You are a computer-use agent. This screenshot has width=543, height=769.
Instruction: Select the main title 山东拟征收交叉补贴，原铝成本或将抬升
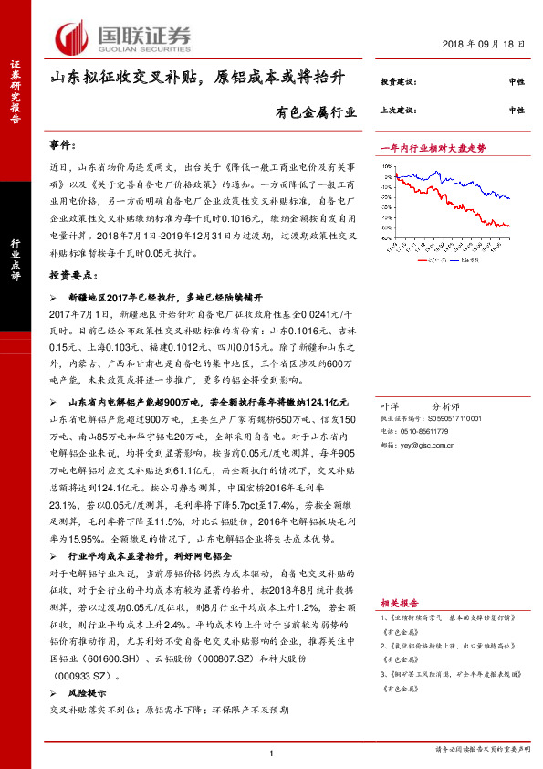[198, 79]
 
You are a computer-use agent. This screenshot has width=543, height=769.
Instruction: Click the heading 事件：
[64, 146]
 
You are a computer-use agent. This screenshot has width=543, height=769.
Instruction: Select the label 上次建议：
[398, 110]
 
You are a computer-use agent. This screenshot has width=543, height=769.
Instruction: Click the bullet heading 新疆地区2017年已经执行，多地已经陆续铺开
[165, 297]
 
